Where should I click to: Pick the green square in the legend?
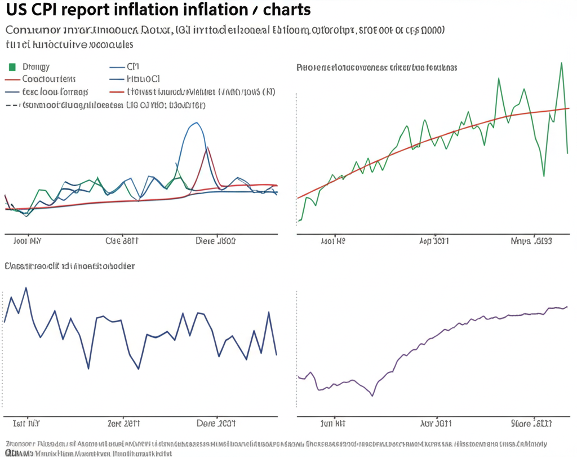click(12, 67)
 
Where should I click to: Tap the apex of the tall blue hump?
click(196, 122)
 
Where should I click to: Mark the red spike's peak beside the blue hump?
click(207, 147)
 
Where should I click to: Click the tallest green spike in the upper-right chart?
click(561, 63)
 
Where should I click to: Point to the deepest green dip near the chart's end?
click(544, 176)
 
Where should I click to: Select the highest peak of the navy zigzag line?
click(26, 288)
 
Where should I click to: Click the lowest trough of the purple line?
click(372, 396)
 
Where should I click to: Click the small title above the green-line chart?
click(376, 67)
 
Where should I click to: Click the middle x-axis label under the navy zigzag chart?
click(123, 423)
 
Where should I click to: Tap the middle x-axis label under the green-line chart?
click(434, 241)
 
